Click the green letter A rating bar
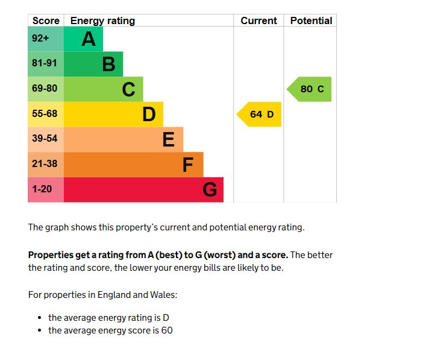[83, 39]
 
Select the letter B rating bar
[93, 64]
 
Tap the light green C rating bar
[103, 89]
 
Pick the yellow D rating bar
[113, 114]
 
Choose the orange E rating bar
[123, 139]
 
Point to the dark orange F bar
[133, 164]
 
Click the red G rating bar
[143, 189]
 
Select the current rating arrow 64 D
[260, 114]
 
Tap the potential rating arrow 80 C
[310, 89]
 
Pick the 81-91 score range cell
[45, 63]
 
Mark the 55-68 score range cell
[45, 113]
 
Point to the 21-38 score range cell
[45, 164]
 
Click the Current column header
[258, 21]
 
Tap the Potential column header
[311, 21]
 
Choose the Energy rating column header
[102, 21]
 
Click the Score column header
[46, 21]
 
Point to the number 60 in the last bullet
[166, 330]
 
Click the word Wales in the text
[164, 295]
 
